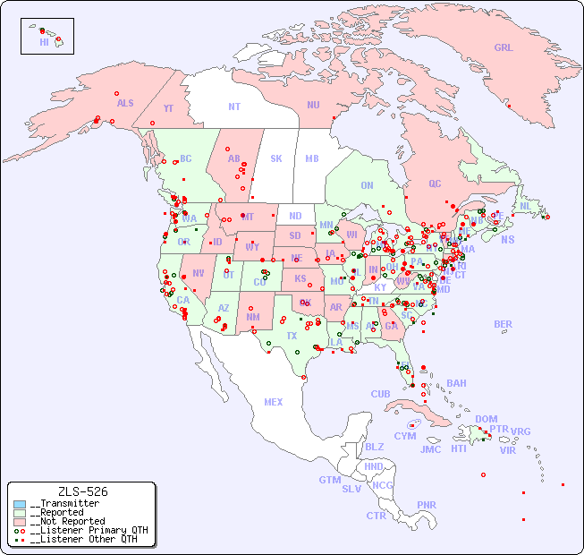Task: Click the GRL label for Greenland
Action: tap(504, 47)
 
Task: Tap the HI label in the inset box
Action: tap(44, 42)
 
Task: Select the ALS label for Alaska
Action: tap(125, 103)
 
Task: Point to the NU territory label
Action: tap(313, 105)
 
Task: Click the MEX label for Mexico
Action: tap(274, 402)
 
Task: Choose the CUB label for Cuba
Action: tap(380, 394)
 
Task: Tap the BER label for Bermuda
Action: tap(503, 324)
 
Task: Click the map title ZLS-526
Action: tap(82, 491)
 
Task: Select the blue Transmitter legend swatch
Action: tap(20, 504)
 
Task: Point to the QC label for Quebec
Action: tap(435, 184)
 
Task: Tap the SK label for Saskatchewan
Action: tap(276, 158)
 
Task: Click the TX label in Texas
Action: tap(292, 336)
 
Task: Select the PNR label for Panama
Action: tap(427, 505)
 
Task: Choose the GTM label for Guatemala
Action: tap(329, 480)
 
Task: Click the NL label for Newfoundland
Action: tap(525, 205)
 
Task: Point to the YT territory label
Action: tap(168, 108)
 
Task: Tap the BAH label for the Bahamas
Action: tap(456, 383)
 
